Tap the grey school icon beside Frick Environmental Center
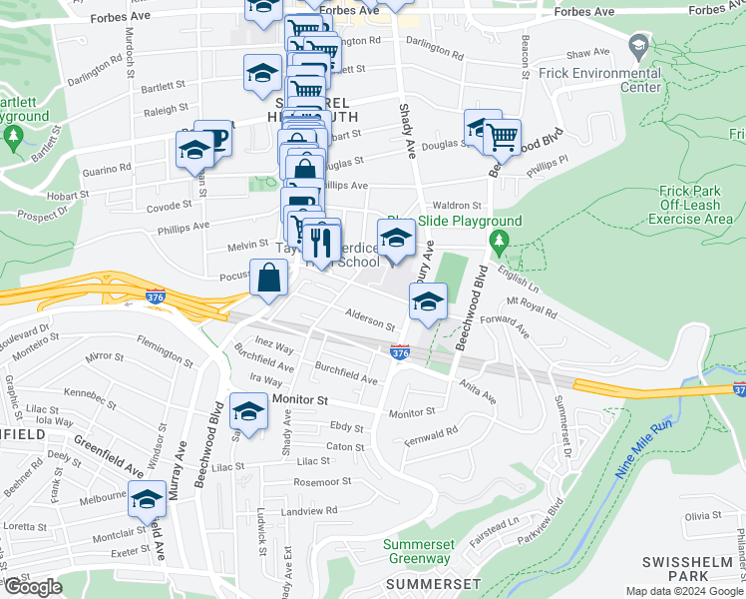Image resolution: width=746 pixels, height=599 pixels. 638,46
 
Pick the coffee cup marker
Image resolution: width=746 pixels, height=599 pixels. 212,140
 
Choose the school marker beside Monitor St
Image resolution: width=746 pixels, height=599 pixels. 248,411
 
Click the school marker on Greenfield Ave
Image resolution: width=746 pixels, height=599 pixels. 147,499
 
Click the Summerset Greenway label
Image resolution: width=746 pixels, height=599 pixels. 419,551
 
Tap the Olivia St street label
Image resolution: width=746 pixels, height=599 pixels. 702,515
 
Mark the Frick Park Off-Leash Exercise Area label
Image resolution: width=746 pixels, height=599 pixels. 696,205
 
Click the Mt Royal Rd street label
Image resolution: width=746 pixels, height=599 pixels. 532,306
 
